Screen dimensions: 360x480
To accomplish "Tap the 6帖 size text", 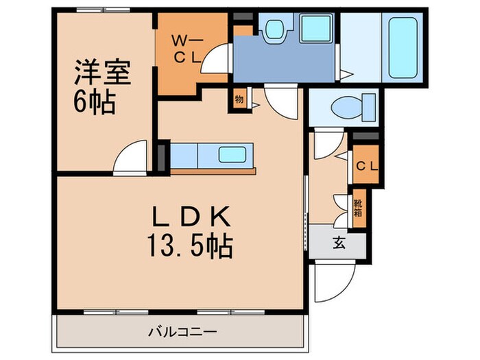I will click(x=94, y=104).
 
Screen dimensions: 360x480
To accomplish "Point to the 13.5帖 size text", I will click(x=191, y=245).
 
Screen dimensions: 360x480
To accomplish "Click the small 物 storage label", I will click(x=239, y=99).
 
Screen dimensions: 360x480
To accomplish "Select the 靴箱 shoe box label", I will click(x=359, y=207).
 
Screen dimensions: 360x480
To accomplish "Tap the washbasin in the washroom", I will click(x=277, y=29).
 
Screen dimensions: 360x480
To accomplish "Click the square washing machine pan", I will click(x=316, y=28).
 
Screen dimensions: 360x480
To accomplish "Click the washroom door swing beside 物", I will click(x=280, y=103).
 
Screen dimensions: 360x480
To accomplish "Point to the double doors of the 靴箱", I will click(x=341, y=207).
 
